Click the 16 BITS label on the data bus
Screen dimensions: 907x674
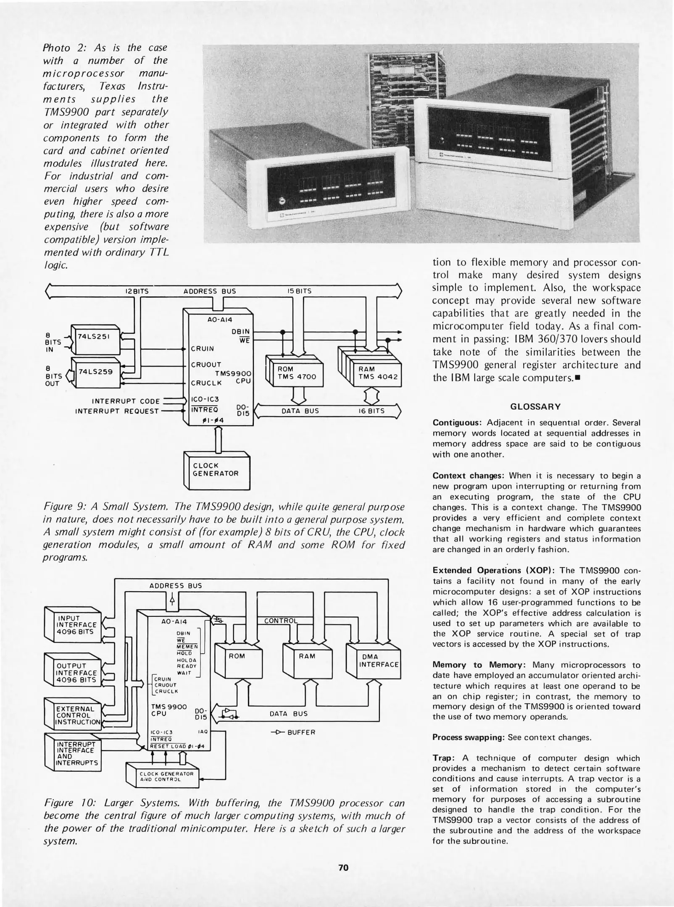[x=371, y=411]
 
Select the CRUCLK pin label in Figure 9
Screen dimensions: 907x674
[x=206, y=383]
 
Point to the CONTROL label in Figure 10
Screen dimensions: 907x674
[x=281, y=621]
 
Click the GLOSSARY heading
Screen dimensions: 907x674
[x=535, y=406]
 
